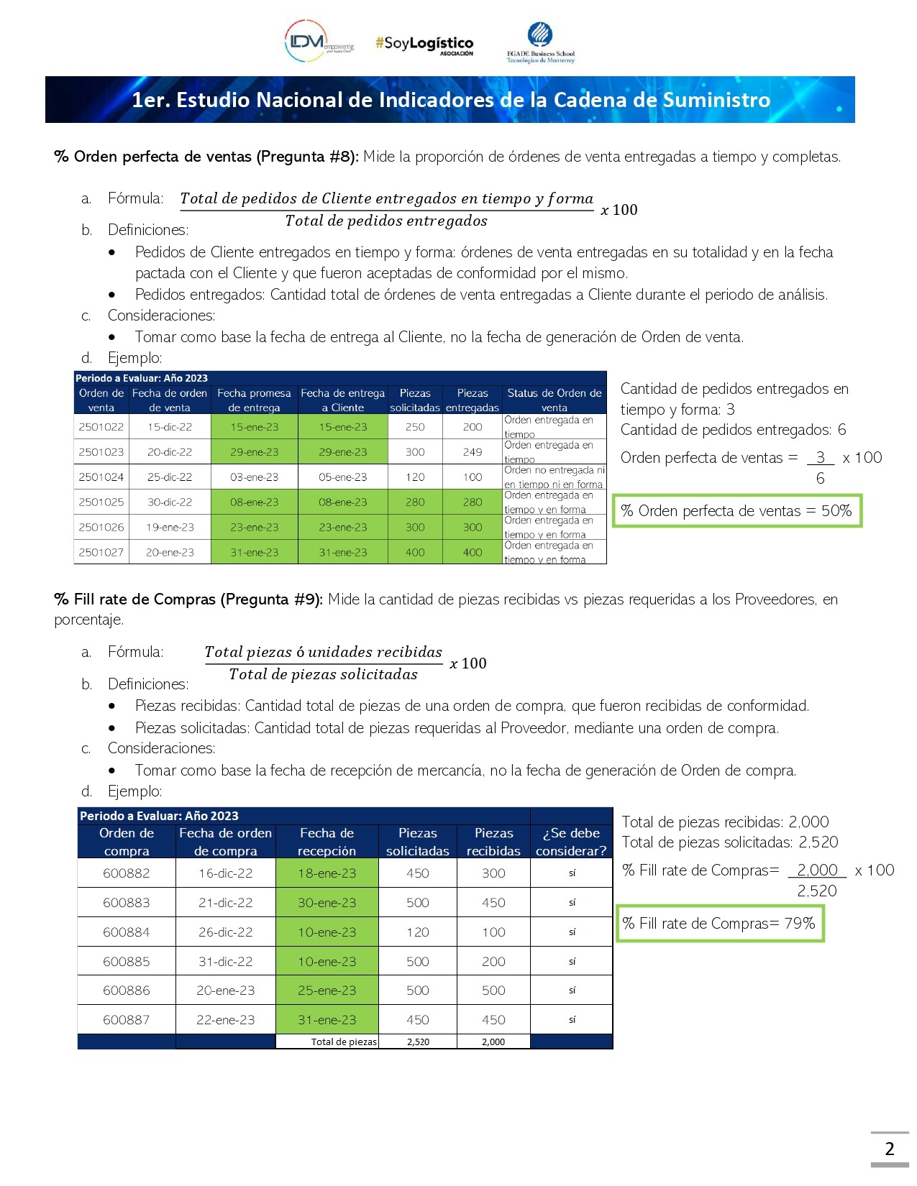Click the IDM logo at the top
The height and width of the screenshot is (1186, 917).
[x=319, y=42]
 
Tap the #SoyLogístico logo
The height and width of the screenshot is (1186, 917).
[x=424, y=45]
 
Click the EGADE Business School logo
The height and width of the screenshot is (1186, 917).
[x=540, y=43]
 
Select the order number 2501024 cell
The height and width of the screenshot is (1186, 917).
[x=101, y=477]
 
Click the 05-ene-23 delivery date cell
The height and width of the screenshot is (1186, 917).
[x=342, y=477]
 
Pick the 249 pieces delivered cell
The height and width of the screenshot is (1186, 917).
[x=473, y=452]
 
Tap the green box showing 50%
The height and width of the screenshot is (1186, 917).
[x=736, y=511]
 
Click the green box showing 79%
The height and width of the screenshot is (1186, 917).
[x=719, y=924]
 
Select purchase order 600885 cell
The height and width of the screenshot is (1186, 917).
[x=127, y=962]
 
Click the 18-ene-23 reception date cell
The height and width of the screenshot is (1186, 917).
[x=327, y=873]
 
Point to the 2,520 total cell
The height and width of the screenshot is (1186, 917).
[x=418, y=1042]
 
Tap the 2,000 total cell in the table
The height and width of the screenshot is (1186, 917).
[x=493, y=1042]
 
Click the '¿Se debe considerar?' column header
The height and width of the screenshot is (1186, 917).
[x=571, y=842]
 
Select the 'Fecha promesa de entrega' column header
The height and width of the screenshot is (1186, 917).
[x=254, y=400]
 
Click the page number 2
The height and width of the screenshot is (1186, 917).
[x=890, y=1149]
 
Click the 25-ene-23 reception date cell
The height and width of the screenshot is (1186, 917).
[x=327, y=990]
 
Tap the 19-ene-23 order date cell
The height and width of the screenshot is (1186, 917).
[x=170, y=528]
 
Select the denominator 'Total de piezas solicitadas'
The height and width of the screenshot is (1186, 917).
[x=323, y=674]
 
